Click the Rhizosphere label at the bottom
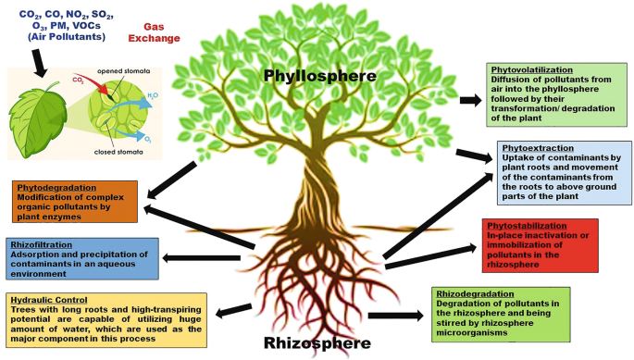(317, 343)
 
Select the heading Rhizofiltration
(37, 244)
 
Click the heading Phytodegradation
(48, 186)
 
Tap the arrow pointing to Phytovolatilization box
(469, 98)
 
